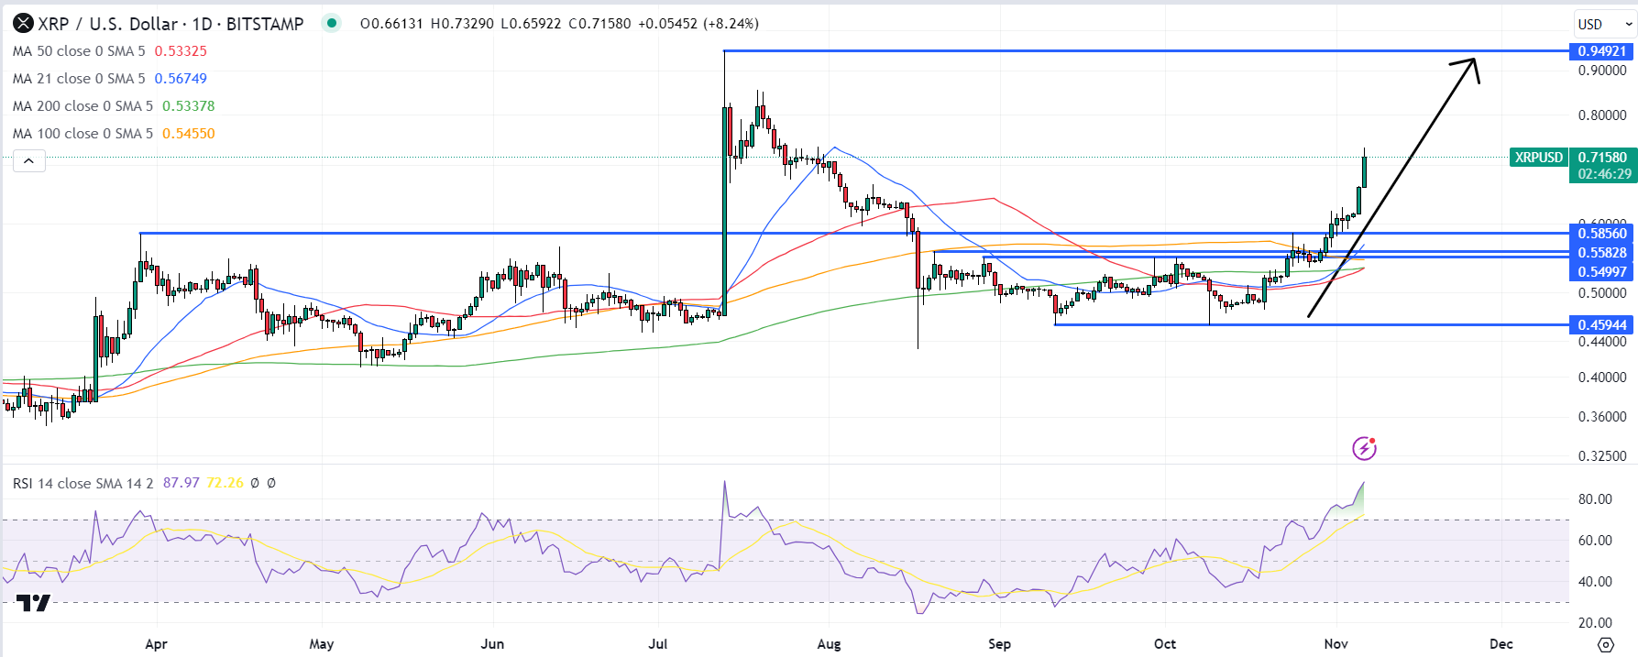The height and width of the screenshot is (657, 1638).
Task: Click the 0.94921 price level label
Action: click(1601, 51)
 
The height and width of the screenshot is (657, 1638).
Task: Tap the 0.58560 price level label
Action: click(1601, 234)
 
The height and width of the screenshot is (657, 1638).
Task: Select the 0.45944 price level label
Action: click(1601, 325)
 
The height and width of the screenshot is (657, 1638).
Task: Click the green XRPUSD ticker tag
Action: click(1538, 158)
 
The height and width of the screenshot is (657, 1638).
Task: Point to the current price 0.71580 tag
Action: click(1602, 158)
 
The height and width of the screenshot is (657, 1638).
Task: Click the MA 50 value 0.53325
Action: click(181, 51)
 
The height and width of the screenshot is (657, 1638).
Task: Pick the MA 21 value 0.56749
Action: click(181, 79)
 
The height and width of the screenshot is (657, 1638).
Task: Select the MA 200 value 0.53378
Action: click(188, 106)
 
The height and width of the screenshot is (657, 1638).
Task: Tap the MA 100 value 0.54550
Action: click(188, 134)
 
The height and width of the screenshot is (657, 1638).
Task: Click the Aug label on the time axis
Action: click(829, 644)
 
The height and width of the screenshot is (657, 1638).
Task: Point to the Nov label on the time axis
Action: click(1336, 644)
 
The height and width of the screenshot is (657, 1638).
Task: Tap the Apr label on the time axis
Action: click(157, 644)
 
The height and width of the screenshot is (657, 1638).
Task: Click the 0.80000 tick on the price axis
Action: click(1601, 115)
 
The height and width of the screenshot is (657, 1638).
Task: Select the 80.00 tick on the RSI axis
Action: click(1595, 499)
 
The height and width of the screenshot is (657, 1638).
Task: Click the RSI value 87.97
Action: click(181, 483)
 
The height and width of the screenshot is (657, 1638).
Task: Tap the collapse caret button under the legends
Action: click(29, 162)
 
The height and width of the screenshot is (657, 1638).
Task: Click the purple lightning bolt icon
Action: click(1364, 448)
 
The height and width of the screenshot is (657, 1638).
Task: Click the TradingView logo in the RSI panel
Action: click(33, 603)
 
